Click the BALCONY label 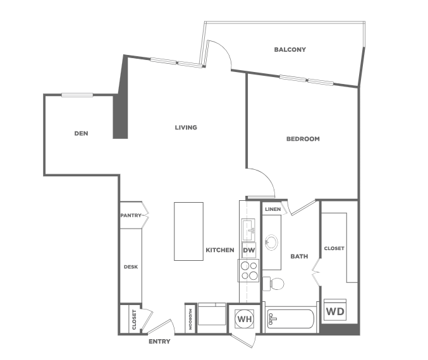[290, 50]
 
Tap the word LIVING [186, 128]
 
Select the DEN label [81, 133]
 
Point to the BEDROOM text [303, 139]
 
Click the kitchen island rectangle [188, 231]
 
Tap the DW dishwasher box [249, 250]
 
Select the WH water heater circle [245, 319]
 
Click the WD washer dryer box [335, 310]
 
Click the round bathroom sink [271, 242]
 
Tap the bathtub [290, 318]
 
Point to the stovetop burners [249, 271]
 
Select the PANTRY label [131, 215]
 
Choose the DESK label [131, 267]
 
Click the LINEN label [272, 209]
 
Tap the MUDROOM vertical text [190, 319]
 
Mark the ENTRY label [159, 342]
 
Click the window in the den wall [77, 95]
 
